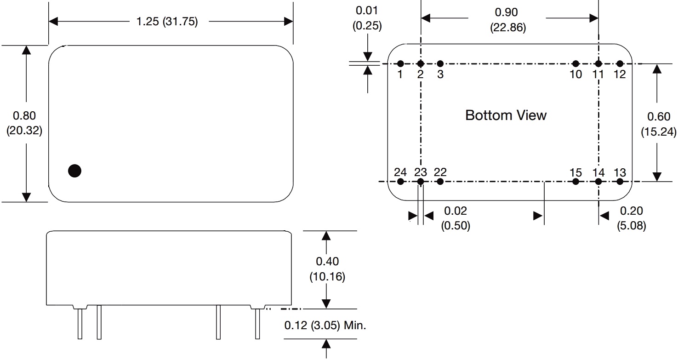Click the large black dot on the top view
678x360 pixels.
tap(74, 171)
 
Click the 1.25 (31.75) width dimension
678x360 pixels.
tap(167, 22)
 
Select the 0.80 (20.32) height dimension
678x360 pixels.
tap(24, 123)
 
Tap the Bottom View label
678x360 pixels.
tap(506, 115)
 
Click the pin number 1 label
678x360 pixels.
tap(400, 74)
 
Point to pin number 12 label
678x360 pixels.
tap(620, 74)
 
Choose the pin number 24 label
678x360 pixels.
tap(400, 172)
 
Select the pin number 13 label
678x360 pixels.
tap(620, 173)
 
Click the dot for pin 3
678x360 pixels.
tap(440, 63)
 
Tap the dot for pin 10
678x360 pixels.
tap(575, 63)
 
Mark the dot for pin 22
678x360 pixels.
tap(440, 182)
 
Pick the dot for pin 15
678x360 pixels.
tap(575, 182)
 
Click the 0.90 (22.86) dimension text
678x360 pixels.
tap(507, 20)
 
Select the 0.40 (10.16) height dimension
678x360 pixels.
tap(327, 269)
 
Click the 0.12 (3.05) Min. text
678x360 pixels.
tap(325, 326)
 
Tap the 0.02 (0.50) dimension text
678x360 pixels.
tap(456, 218)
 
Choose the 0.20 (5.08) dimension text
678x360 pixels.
tap(632, 218)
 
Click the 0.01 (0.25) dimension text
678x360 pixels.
tap(367, 18)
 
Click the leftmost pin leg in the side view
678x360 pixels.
tap(80, 324)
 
